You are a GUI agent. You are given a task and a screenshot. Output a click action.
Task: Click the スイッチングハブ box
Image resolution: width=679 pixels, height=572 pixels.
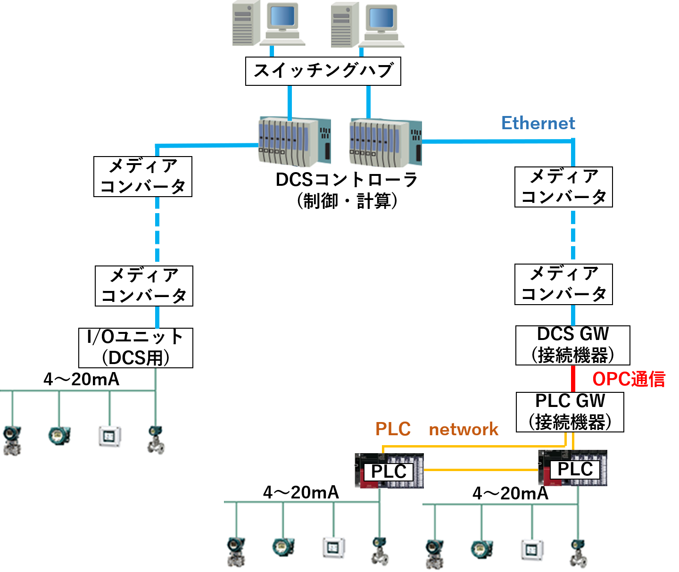pos(323,71)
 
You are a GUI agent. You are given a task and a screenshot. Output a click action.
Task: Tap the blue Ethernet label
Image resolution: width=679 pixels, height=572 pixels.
pos(538,123)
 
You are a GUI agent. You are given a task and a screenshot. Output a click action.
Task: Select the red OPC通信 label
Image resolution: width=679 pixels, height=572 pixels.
pos(629,379)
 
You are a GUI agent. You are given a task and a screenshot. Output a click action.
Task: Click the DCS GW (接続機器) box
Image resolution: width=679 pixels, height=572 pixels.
pos(572,345)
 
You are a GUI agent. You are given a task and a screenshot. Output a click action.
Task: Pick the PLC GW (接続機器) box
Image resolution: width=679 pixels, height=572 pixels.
pos(570,412)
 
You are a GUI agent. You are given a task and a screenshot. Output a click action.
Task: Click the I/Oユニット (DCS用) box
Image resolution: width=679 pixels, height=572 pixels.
pos(136,348)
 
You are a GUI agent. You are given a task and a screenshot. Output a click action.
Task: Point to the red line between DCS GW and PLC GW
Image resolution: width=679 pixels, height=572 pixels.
pos(573,379)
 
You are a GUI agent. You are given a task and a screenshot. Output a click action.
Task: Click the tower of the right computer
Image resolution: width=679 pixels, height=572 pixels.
pos(345,25)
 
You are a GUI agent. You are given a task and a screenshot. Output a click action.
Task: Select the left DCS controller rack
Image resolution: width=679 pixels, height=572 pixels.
pos(294,142)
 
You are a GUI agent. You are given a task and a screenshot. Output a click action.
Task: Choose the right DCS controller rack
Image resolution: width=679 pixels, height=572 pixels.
pos(385,143)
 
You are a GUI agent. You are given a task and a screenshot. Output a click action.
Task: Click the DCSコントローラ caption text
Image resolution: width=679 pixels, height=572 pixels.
pos(347,180)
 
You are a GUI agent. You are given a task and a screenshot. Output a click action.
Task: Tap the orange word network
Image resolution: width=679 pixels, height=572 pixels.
pos(464,429)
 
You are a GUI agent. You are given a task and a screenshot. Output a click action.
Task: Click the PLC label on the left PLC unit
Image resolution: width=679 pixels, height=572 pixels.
pos(389,472)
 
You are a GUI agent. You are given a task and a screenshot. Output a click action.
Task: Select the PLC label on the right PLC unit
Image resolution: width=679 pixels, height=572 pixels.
pos(575,469)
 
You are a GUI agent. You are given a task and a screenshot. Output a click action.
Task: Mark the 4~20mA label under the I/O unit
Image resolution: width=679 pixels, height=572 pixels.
pos(81,379)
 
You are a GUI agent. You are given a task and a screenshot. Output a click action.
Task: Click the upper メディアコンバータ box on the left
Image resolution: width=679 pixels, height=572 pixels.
pos(143,176)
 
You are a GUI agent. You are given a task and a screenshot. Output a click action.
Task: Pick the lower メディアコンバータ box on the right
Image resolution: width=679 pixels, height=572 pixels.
pos(563,284)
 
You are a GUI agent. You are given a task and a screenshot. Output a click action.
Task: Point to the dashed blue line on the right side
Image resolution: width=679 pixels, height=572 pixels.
pos(573,235)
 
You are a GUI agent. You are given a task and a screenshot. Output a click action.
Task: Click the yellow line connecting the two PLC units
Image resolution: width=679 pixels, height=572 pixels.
pos(481,470)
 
